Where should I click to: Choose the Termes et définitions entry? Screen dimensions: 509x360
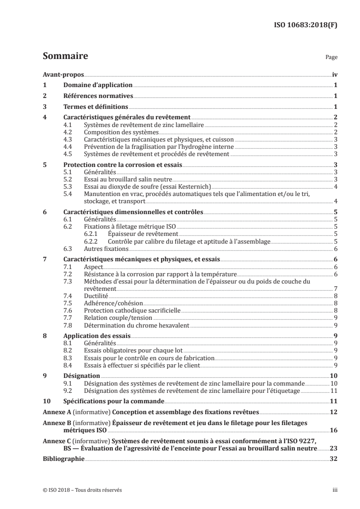click(x=95, y=107)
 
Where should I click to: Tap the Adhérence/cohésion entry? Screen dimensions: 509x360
click(x=108, y=303)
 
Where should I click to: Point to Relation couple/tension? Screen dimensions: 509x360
click(x=112, y=318)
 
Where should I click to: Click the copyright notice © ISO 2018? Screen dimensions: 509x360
click(x=82, y=490)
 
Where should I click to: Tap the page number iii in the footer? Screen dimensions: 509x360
click(x=335, y=490)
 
